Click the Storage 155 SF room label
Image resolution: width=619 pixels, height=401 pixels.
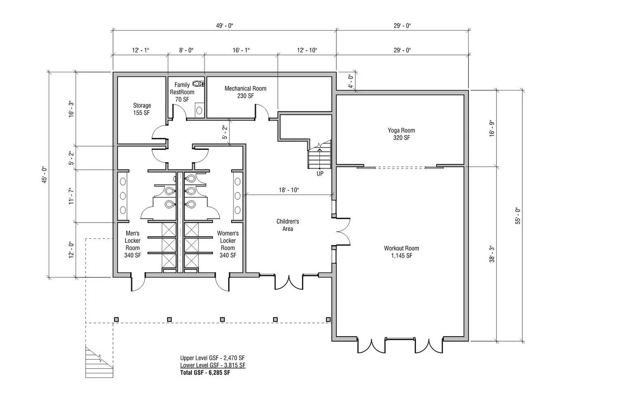[x=142, y=109]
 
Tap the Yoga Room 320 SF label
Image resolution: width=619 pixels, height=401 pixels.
[x=401, y=134]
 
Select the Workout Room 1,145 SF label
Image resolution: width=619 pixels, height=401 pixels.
[x=401, y=252]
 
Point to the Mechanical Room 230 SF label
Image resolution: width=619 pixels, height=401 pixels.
[x=246, y=92]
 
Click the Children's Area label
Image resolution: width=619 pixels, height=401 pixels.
[x=288, y=225]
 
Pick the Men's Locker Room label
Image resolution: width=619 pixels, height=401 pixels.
[x=132, y=244]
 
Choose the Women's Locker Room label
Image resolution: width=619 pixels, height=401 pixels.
[x=228, y=244]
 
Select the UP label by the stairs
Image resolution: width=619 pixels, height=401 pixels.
[x=320, y=174]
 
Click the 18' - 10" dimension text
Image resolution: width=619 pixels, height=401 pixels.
[x=289, y=190]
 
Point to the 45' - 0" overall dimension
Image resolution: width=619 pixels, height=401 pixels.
[x=45, y=175]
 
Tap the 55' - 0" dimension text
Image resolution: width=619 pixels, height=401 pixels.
[x=517, y=216]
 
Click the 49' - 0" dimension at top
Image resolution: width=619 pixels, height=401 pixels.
[x=224, y=26]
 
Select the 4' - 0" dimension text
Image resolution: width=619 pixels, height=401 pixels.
[x=351, y=81]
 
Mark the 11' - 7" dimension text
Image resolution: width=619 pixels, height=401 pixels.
[x=71, y=196]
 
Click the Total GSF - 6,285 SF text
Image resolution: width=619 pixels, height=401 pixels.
[x=205, y=373]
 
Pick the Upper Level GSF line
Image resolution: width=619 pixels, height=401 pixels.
[x=212, y=358]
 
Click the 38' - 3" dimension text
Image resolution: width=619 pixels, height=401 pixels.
[x=492, y=254]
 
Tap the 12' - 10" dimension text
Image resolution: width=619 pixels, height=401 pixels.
[x=307, y=50]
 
